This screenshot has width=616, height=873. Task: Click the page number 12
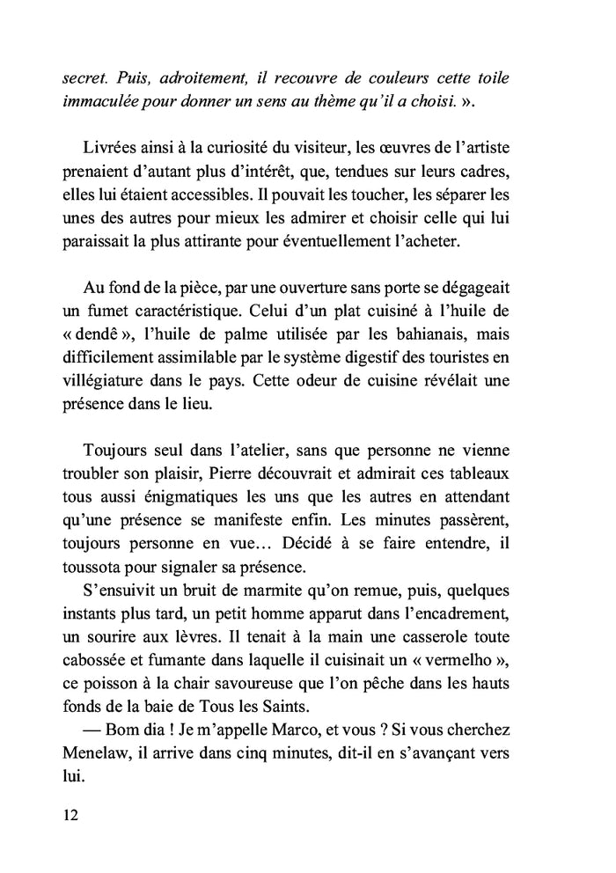(x=71, y=815)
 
